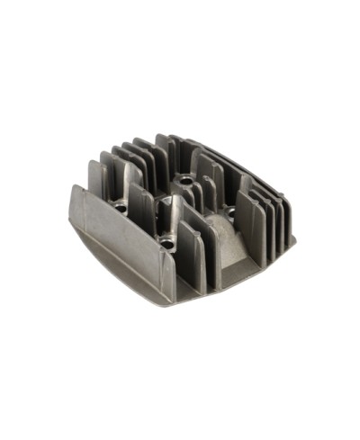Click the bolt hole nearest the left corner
[x=121, y=207]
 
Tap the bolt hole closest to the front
[x=166, y=241]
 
